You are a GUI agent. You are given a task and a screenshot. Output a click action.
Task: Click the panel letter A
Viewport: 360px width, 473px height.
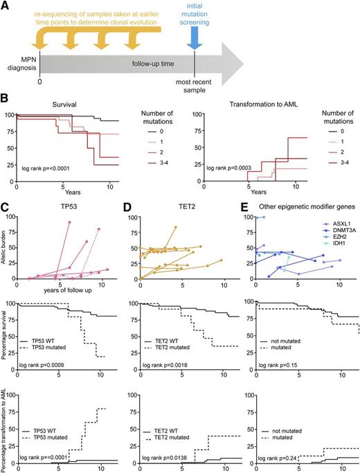coord(5,6)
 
